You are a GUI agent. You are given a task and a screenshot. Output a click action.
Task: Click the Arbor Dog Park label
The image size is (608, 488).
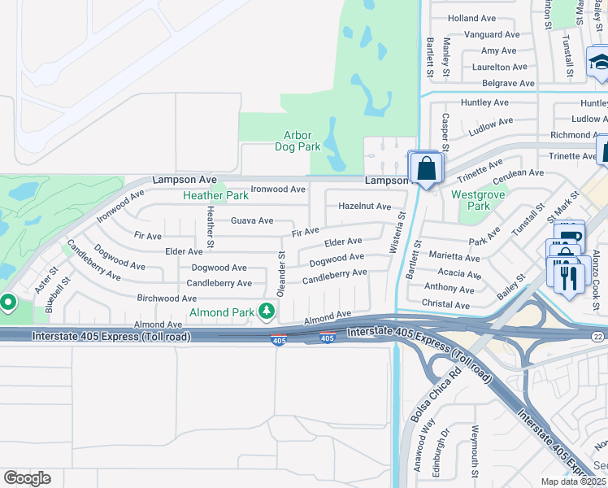coord(302,141)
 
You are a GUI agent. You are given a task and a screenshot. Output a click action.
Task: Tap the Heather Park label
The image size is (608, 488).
coord(215,195)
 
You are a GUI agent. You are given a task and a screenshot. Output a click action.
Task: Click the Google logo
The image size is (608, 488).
coord(27,477)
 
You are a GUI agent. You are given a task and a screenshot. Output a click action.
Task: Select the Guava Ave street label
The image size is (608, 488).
coord(252,220)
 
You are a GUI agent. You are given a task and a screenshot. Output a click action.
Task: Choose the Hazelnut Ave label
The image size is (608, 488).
coord(365,207)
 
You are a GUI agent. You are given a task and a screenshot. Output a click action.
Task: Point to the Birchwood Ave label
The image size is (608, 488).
coord(167,298)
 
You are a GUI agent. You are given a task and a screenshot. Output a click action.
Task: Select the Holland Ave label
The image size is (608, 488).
coord(471,18)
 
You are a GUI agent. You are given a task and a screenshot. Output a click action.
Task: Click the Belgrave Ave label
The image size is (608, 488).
coord(509,83)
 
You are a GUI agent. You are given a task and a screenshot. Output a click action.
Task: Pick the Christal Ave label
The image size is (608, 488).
coord(446,305)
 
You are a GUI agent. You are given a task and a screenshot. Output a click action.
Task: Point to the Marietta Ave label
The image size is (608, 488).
coord(454,258)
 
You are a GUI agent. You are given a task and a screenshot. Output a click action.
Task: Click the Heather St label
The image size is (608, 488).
coord(210,227)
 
